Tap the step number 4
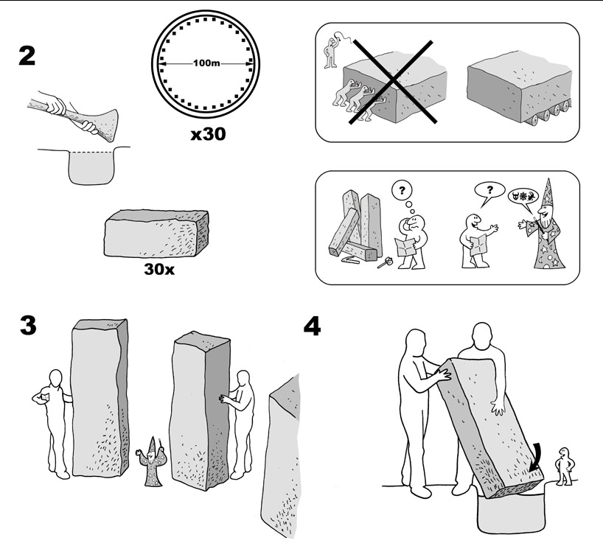(312, 326)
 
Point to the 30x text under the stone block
(159, 269)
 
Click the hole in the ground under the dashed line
(92, 167)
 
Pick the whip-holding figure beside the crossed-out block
(333, 53)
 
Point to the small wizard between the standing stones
(151, 464)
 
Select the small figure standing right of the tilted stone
(565, 464)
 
